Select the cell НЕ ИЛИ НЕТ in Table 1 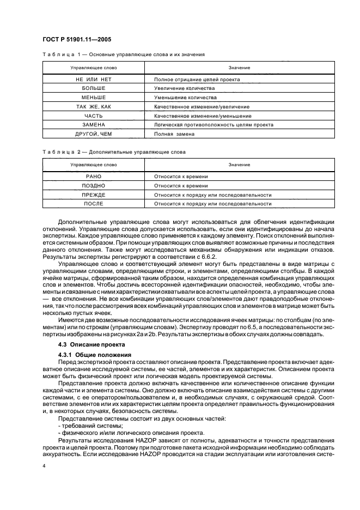pyautogui.click(x=93, y=79)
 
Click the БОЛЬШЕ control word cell pyautogui.click(x=93, y=88)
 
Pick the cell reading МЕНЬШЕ pyautogui.click(x=93, y=98)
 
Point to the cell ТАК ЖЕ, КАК pyautogui.click(x=93, y=107)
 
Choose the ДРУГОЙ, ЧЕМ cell pyautogui.click(x=93, y=134)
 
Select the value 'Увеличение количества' pyautogui.click(x=185, y=88)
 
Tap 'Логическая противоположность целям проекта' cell pyautogui.click(x=213, y=125)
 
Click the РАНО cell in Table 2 pyautogui.click(x=93, y=177)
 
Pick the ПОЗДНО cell pyautogui.click(x=93, y=186)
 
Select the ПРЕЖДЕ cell pyautogui.click(x=93, y=195)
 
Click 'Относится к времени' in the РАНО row pyautogui.click(x=181, y=177)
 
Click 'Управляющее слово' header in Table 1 pyautogui.click(x=93, y=68)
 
